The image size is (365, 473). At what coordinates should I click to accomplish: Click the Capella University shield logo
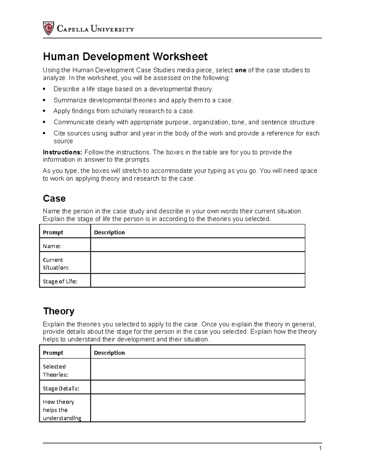tap(48, 28)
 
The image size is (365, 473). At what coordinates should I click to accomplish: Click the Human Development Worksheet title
tap(125, 56)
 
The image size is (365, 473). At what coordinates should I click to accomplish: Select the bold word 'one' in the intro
tap(240, 70)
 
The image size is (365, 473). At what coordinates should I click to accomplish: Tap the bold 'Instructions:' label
tap(62, 152)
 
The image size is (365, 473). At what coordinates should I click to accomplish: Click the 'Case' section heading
tap(54, 199)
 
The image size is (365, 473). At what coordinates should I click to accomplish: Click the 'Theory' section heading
tap(59, 311)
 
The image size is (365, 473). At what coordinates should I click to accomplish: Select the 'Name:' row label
tap(52, 246)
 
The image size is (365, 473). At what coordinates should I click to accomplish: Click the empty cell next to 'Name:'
tap(197, 245)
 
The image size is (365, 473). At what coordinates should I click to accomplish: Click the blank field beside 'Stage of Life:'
tap(197, 281)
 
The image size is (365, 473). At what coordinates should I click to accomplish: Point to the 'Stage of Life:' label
tap(60, 281)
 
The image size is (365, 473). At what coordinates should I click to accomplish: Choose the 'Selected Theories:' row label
tap(55, 371)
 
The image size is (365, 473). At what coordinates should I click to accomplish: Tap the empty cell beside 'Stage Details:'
tap(197, 387)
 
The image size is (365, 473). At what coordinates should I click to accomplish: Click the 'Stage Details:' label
tap(61, 389)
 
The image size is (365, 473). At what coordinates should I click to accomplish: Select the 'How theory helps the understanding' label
tap(62, 410)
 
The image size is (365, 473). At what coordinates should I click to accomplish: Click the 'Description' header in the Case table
tap(109, 232)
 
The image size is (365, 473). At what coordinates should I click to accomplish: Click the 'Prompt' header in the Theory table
tap(53, 353)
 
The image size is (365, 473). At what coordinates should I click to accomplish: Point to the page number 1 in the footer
tap(320, 448)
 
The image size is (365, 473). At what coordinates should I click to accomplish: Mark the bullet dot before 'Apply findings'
tap(44, 111)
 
